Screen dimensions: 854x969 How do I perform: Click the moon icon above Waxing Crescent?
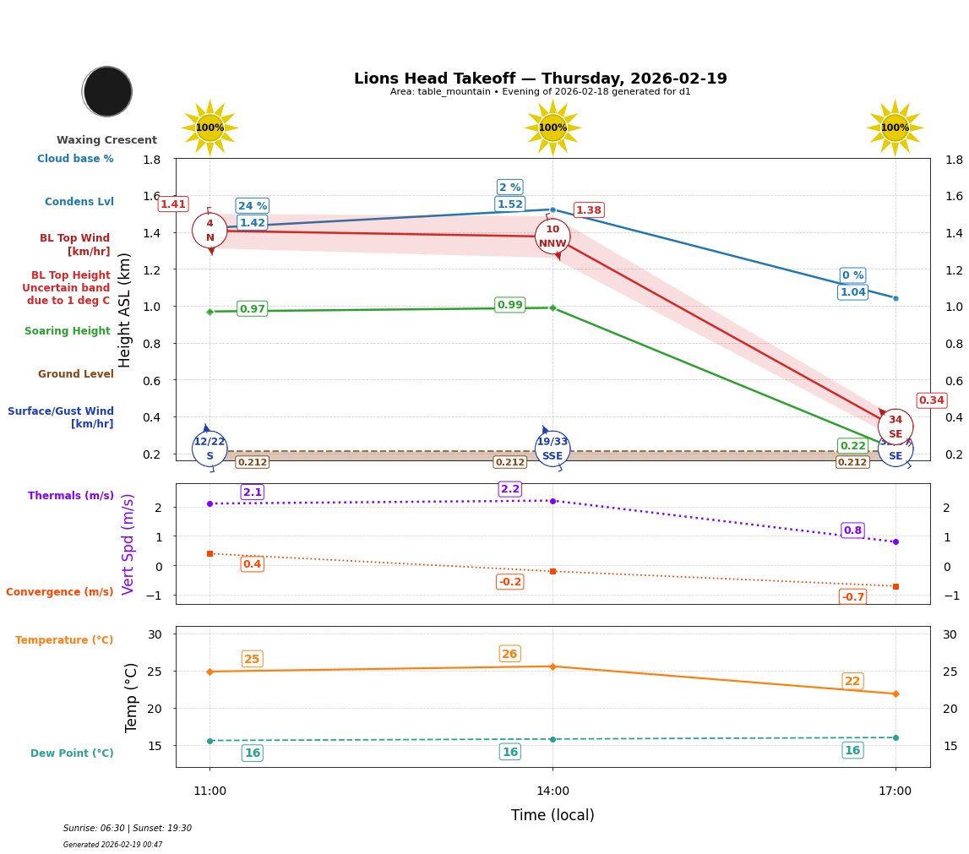coord(107,91)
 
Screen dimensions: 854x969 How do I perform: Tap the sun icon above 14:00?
coord(553,128)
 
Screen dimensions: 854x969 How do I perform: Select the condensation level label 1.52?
coord(509,204)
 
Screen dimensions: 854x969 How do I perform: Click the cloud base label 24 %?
coord(252,206)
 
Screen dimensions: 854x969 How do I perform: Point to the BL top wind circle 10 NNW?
coord(553,237)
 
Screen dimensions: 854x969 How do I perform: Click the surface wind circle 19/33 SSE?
coord(553,449)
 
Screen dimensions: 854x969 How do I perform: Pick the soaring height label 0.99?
coord(509,305)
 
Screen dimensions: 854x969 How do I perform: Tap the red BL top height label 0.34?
coord(931,400)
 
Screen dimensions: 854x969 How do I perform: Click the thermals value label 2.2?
coord(509,489)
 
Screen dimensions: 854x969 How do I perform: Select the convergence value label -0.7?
coord(852,597)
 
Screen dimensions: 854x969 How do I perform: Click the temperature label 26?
coord(509,654)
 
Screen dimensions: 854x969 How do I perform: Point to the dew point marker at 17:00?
coord(895,737)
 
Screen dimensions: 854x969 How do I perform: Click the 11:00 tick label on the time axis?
coord(210,791)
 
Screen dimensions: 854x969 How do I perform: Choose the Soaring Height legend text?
coord(68,332)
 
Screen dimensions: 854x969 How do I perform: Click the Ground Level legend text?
coord(75,374)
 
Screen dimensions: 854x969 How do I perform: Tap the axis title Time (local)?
coord(553,815)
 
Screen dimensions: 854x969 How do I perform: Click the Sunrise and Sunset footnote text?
coord(128,829)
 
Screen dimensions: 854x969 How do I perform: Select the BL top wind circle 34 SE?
coord(895,427)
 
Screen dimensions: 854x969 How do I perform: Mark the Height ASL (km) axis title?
coord(125,309)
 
